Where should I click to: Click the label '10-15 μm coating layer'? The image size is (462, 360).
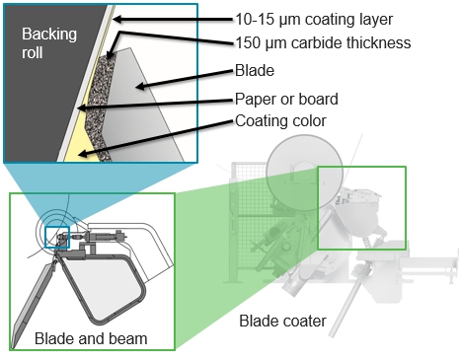tap(314, 18)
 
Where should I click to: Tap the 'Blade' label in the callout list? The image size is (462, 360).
tap(255, 72)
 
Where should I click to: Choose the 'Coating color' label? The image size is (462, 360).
tap(281, 122)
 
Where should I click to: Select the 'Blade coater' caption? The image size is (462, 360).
tap(281, 321)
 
